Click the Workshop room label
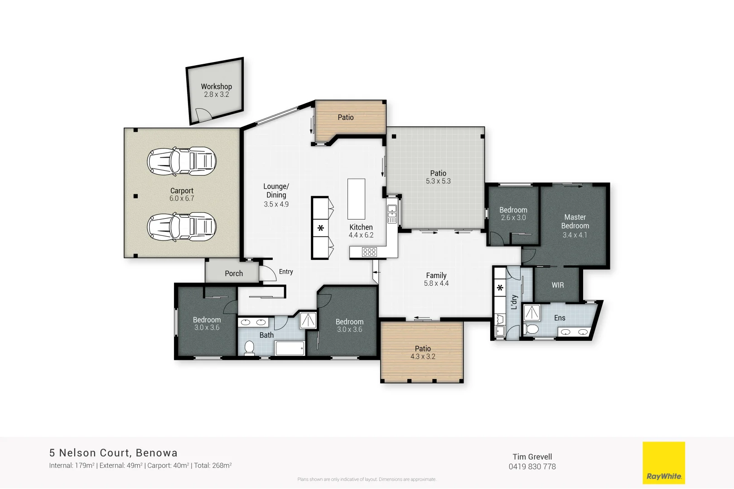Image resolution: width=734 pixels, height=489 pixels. pos(216,86)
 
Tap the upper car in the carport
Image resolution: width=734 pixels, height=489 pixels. pos(181,161)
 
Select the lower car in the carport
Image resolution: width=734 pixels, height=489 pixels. pos(181,227)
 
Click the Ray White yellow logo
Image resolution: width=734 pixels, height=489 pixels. pos(664,463)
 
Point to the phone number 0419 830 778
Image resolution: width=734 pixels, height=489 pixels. pos(532,467)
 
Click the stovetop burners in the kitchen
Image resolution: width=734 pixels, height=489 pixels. pos(369,252)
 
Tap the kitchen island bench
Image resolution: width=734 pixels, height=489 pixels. pos(356,199)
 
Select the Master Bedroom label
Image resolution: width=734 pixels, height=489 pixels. pos(575,221)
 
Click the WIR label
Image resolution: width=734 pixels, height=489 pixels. pos(558,285)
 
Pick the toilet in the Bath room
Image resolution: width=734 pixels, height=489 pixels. pos(249,347)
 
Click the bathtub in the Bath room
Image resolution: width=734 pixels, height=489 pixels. pos(290,349)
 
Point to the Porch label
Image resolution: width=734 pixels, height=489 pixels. pos(234,273)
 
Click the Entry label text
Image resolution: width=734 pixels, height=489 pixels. pos(286,272)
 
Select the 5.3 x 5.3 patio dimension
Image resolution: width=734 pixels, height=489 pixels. pos(438,181)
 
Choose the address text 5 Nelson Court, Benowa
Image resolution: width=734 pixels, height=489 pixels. pos(113,453)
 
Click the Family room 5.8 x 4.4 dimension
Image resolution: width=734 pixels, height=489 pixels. pos(436,283)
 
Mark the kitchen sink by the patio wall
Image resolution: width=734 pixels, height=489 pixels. pos(392,213)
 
